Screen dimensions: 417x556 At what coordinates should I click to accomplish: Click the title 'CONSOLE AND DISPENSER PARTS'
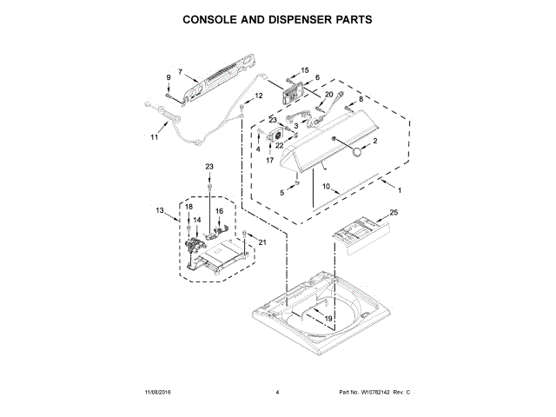(x=278, y=17)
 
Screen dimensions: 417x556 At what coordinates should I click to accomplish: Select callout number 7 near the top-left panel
(x=180, y=72)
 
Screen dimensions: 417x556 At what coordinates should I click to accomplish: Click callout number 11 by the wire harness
(x=155, y=137)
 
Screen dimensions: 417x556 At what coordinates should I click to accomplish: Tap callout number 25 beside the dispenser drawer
(x=393, y=213)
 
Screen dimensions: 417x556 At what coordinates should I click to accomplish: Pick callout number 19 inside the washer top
(x=328, y=319)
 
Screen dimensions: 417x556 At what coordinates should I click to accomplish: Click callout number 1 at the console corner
(x=400, y=190)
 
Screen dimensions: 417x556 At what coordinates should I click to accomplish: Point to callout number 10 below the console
(x=327, y=185)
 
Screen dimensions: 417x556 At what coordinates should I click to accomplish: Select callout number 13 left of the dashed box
(x=160, y=210)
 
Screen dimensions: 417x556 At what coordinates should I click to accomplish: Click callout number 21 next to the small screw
(x=262, y=243)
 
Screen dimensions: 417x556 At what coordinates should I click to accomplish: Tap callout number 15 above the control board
(x=304, y=69)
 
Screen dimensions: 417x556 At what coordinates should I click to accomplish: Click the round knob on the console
(x=355, y=152)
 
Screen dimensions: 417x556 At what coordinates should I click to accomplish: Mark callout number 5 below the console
(x=282, y=190)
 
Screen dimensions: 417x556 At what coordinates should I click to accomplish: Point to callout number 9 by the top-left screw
(x=169, y=78)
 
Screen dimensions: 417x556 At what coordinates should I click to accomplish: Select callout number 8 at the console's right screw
(x=361, y=100)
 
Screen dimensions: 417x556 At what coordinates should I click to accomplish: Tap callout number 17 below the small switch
(x=270, y=161)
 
